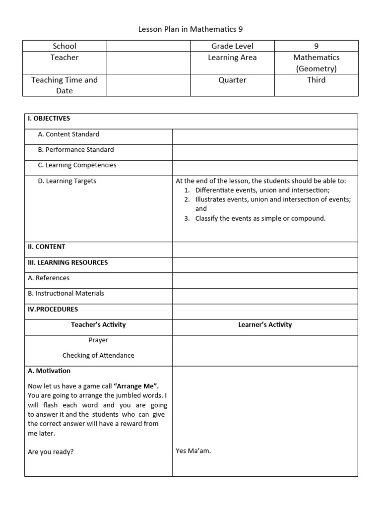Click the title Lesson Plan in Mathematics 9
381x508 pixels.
[x=190, y=29]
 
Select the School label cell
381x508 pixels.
[x=64, y=46]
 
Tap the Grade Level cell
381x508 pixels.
[x=232, y=46]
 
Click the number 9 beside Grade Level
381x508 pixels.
[x=316, y=46]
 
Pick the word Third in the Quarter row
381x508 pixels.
[x=316, y=80]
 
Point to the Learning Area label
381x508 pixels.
[x=232, y=58]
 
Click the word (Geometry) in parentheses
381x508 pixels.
[x=316, y=69]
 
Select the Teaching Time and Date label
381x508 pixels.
[x=64, y=85]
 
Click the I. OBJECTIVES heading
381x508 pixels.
[x=49, y=119]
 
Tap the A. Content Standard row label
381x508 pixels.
[x=68, y=134]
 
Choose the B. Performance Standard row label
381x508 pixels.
[x=76, y=150]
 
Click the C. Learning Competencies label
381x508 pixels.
[x=77, y=165]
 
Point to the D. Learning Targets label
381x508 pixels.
[x=67, y=181]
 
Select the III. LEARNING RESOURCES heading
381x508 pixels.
[x=68, y=262]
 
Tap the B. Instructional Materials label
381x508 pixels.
[x=66, y=293]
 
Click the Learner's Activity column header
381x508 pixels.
[x=265, y=325]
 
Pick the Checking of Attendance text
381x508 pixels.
[x=98, y=356]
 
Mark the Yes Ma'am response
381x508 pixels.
[x=193, y=451]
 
